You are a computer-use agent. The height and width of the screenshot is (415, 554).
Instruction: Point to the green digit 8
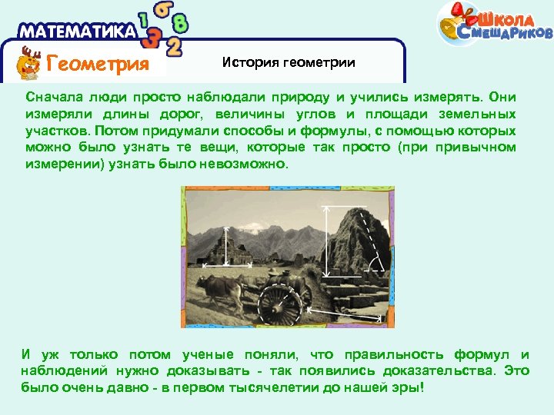click(181, 23)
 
